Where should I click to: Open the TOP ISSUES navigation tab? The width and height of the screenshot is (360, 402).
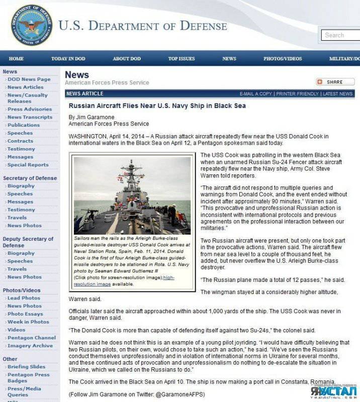182,59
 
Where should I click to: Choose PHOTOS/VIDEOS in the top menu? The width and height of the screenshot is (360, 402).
283,59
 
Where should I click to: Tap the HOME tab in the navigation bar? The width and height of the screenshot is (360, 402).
16,59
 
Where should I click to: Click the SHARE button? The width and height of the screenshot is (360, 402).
335,82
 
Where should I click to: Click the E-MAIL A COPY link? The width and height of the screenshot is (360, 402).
255,94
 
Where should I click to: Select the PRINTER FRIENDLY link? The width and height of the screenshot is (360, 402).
298,94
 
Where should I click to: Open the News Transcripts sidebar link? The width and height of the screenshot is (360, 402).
30,117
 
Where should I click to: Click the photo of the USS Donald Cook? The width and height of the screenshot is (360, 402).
132,195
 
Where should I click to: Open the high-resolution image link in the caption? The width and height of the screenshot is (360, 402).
124,280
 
